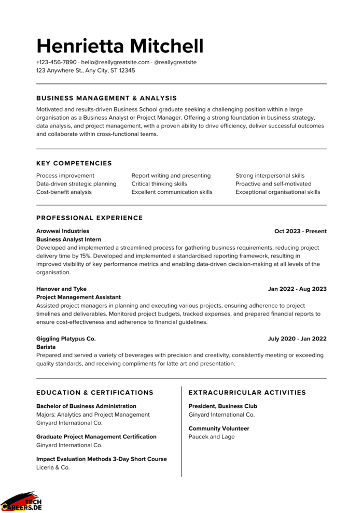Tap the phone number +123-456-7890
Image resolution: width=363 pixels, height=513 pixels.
[x=57, y=62]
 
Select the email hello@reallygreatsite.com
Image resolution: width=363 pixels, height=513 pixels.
[x=115, y=62]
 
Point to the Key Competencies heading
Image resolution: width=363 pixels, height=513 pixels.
[x=74, y=163]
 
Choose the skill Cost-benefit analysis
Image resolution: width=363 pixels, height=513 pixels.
[x=64, y=192]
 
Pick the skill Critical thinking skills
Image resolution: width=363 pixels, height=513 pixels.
[x=159, y=184]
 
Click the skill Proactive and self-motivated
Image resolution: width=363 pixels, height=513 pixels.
[x=273, y=184]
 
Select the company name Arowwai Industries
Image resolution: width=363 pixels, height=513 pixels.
[x=63, y=231]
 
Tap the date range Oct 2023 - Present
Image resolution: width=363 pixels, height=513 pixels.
[x=300, y=231]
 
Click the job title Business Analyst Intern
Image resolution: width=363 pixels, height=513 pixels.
[x=68, y=239]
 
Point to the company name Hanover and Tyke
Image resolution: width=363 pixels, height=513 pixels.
[x=61, y=289]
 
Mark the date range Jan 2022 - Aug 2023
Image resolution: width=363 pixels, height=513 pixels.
[x=297, y=289]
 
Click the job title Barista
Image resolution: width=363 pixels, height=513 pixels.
[x=46, y=347]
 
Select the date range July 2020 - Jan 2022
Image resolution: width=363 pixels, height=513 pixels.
[x=297, y=339]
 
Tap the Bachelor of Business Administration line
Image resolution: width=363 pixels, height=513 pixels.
[x=86, y=406]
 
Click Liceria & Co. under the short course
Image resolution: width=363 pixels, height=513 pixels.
[x=53, y=467]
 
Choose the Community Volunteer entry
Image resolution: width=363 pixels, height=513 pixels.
[x=219, y=429]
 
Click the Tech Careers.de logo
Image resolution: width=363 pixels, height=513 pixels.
[x=22, y=501]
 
